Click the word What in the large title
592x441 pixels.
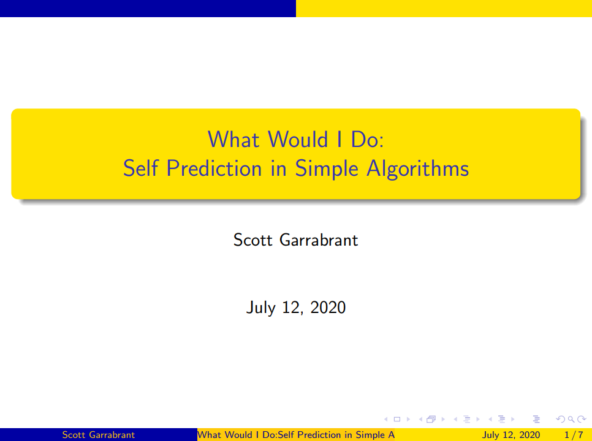[233, 139]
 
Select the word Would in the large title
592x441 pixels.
[298, 139]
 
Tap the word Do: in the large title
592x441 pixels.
[367, 139]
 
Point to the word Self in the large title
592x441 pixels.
[140, 168]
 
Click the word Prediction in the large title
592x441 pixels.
[214, 168]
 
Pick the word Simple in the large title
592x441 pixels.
[326, 168]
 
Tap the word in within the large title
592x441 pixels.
[278, 168]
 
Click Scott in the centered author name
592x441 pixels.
[253, 240]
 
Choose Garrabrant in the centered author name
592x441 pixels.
[319, 240]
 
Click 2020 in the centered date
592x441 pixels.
[328, 307]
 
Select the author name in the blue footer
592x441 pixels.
[99, 435]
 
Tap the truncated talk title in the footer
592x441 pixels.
[296, 435]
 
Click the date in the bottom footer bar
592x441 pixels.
[511, 435]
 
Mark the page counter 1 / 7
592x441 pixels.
[574, 435]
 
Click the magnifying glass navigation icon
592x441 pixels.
[571, 419]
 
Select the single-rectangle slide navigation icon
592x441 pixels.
[397, 419]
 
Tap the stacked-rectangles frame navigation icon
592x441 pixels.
[431, 419]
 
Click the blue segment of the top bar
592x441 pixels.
[148, 9]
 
